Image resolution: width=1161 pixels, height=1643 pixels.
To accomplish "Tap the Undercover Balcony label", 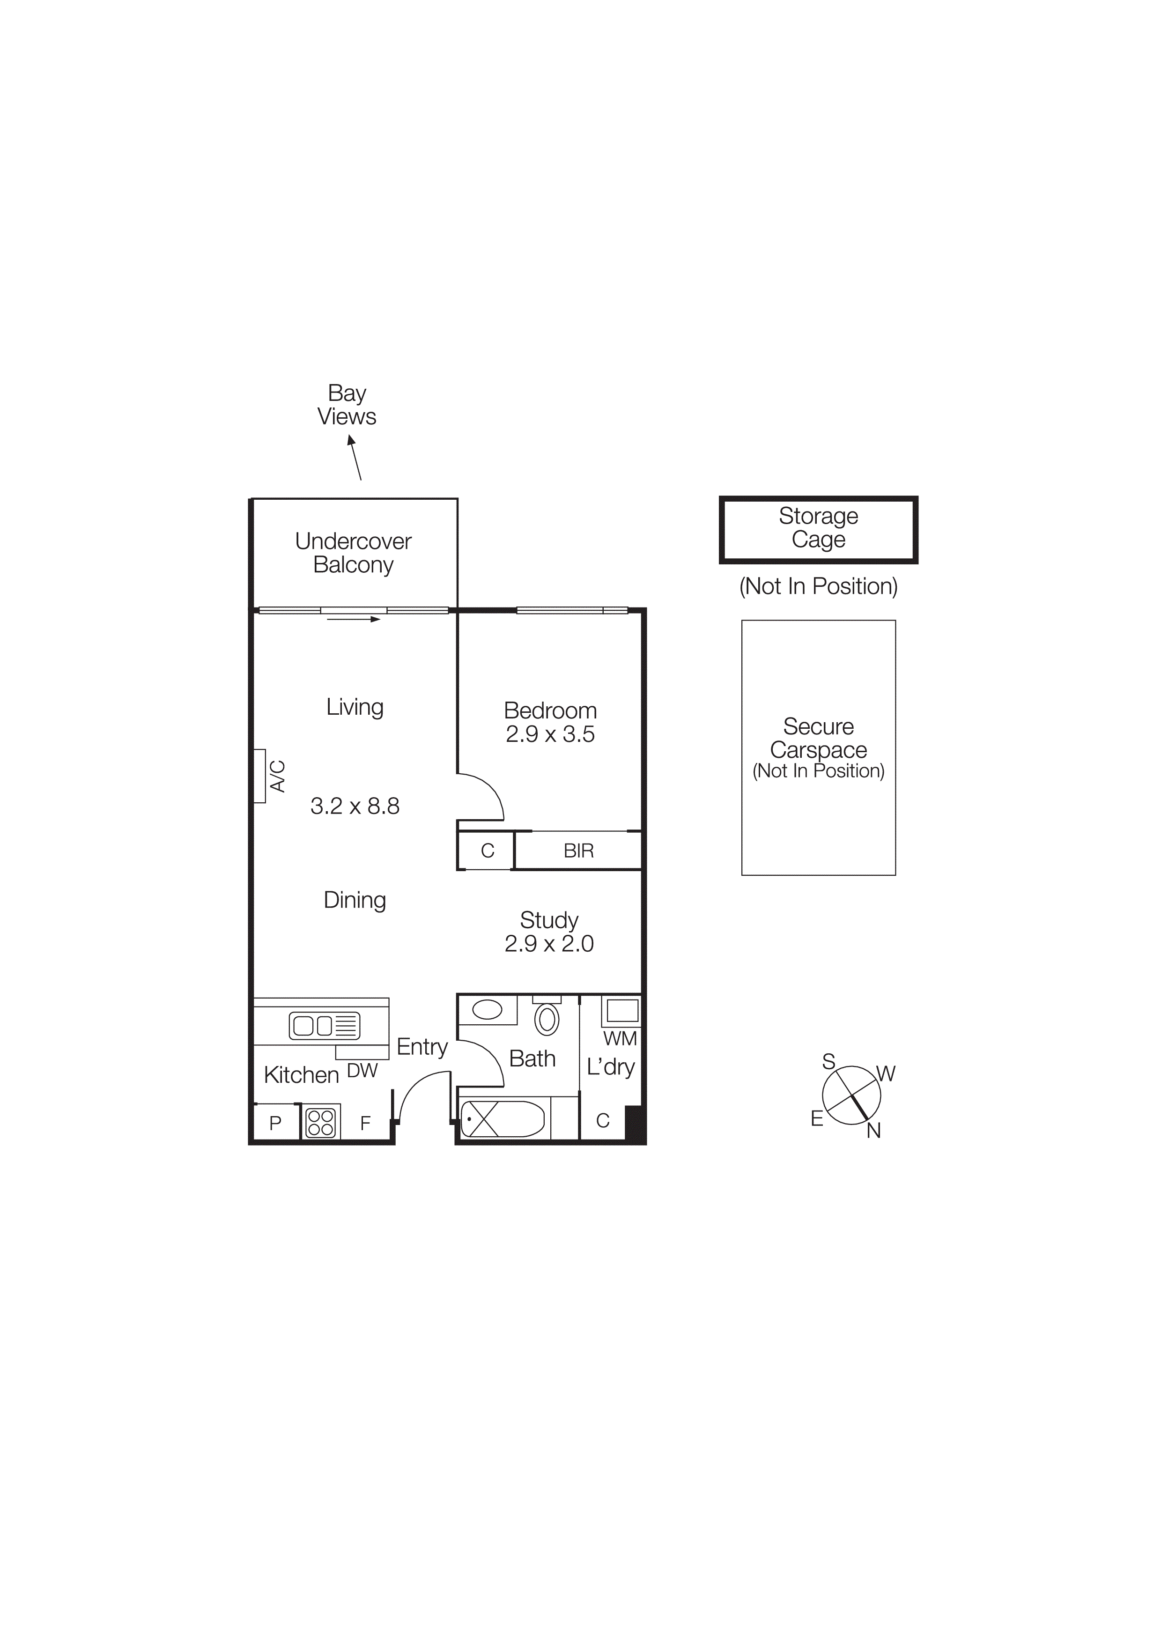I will click(354, 553).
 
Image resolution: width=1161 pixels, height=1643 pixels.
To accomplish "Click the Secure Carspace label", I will click(818, 739).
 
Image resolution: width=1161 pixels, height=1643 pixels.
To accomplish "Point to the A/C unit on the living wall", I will click(260, 776).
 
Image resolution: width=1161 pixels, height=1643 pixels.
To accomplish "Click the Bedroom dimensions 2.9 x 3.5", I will click(550, 734).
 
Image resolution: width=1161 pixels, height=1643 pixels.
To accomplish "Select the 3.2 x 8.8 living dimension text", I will click(355, 807).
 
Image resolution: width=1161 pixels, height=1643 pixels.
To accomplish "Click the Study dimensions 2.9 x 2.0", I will click(549, 944).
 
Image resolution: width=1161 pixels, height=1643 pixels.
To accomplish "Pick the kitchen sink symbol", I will click(324, 1026).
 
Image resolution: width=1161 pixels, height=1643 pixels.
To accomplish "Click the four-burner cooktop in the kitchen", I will click(320, 1123).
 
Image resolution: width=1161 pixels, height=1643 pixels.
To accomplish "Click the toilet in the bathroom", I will click(547, 1019).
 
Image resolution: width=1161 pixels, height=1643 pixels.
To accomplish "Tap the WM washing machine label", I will click(620, 1038).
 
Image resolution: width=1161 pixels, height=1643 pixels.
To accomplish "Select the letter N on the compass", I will click(873, 1131).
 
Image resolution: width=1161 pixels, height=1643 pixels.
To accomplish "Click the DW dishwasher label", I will click(362, 1071).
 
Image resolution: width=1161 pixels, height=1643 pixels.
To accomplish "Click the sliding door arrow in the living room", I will click(354, 619).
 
